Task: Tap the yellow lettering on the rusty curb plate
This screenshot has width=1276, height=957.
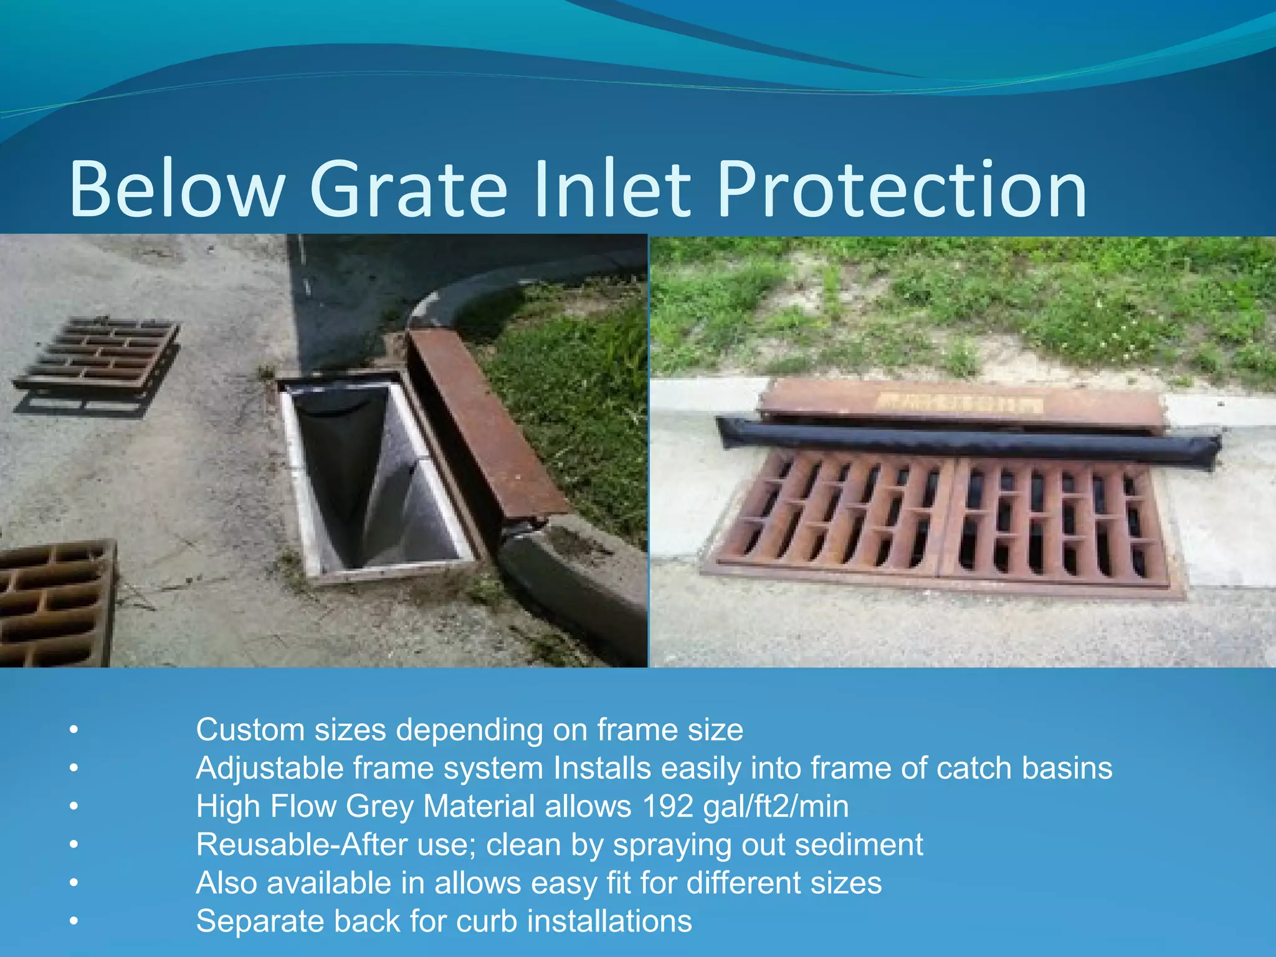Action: tap(959, 403)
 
